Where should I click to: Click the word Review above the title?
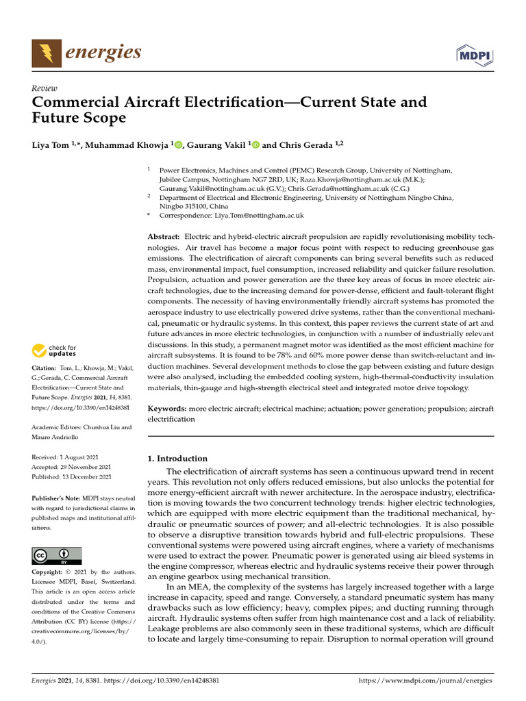tap(45, 88)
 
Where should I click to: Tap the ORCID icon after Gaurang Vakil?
tap(256, 144)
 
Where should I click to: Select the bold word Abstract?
tap(165, 236)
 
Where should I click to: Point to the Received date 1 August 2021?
tap(71, 457)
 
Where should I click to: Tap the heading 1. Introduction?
tap(177, 459)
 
